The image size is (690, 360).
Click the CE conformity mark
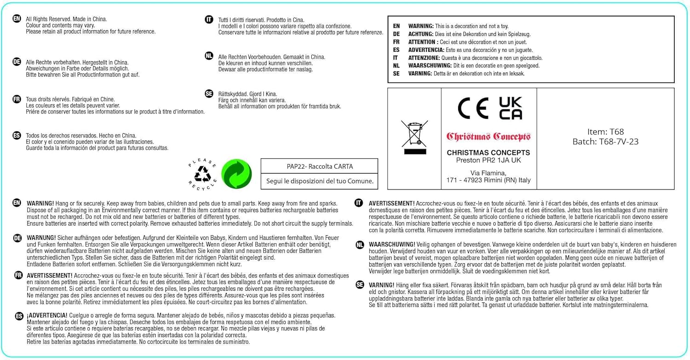click(x=473, y=109)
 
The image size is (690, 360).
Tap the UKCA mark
click(x=510, y=109)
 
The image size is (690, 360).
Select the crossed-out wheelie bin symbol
click(x=414, y=137)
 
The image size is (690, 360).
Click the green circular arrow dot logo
click(x=236, y=174)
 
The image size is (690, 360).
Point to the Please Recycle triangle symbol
click(x=202, y=174)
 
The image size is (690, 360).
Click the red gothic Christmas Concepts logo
click(x=489, y=137)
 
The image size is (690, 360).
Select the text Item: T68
click(x=605, y=132)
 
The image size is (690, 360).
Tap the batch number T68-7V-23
click(x=605, y=142)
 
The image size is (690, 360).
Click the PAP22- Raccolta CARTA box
click(x=319, y=166)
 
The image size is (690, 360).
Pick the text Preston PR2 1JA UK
click(x=489, y=160)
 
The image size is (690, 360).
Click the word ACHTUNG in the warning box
click(x=420, y=34)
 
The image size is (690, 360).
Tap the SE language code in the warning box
click(x=397, y=73)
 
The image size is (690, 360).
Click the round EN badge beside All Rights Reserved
click(x=17, y=19)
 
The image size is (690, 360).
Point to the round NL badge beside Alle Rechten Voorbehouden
click(x=209, y=56)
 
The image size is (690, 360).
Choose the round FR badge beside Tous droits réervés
click(x=17, y=99)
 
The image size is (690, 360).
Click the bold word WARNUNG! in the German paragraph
click(x=41, y=238)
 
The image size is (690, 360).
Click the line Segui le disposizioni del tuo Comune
click(x=319, y=181)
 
